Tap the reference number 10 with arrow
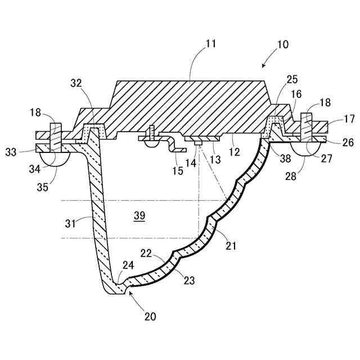tap(282, 43)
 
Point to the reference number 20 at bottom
tap(150, 316)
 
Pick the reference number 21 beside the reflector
tap(231, 245)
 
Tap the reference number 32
tap(77, 83)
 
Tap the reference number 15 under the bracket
tap(177, 170)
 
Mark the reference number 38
tap(286, 159)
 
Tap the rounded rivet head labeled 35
tap(56, 159)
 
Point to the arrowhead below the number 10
tap(264, 66)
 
